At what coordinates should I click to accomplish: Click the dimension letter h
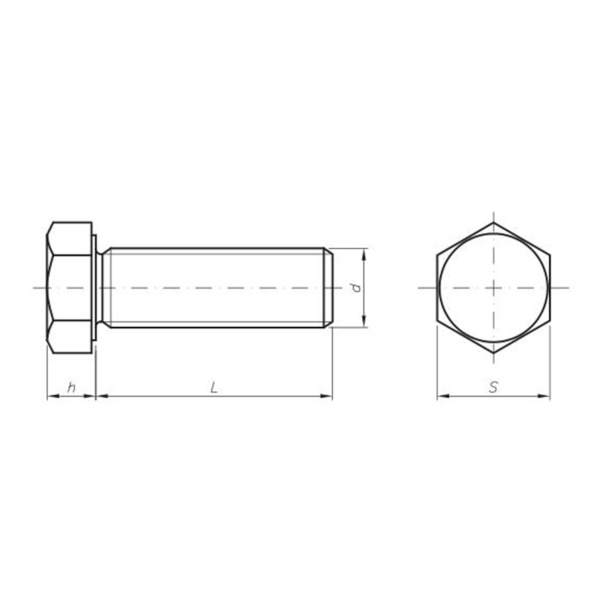[71, 387]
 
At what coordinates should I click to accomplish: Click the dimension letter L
[214, 387]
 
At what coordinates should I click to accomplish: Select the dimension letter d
[356, 288]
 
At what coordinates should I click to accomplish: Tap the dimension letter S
[493, 387]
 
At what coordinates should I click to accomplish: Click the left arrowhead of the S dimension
[443, 396]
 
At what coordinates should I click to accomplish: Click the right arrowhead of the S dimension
[544, 396]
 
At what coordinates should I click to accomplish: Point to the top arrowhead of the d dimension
[364, 255]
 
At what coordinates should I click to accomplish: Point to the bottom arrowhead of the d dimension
[364, 322]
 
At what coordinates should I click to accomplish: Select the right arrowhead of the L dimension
[326, 396]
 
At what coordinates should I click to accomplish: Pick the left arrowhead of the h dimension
[53, 396]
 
